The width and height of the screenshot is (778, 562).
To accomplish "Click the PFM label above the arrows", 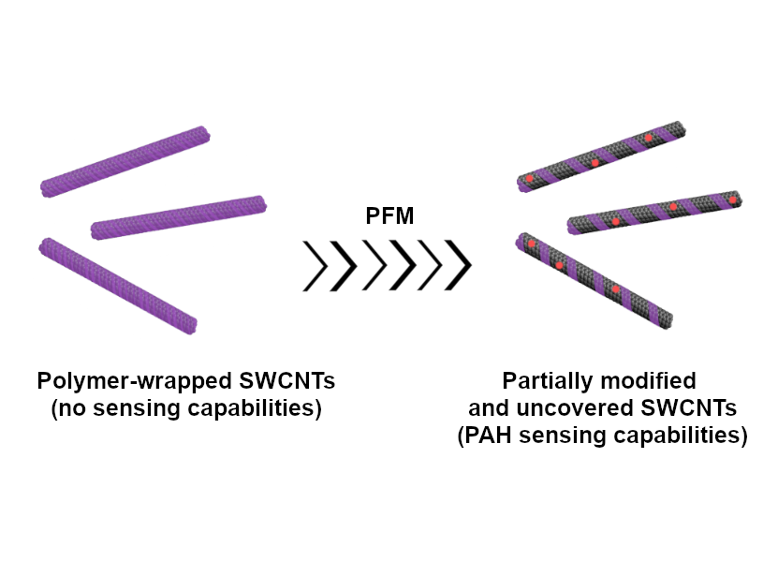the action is pyautogui.click(x=389, y=216).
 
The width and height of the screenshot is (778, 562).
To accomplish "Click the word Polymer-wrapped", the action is pyautogui.click(x=135, y=382).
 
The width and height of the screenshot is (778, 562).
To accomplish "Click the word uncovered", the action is pyautogui.click(x=575, y=408).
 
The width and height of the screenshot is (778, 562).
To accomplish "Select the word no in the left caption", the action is pyautogui.click(x=72, y=408).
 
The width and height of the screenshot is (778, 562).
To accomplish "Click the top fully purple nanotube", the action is pyautogui.click(x=125, y=162).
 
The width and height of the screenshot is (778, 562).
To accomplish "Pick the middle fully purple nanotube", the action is pyautogui.click(x=179, y=217).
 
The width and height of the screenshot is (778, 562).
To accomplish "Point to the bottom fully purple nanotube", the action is pyautogui.click(x=118, y=286).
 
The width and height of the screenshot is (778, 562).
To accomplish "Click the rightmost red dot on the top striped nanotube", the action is pyautogui.click(x=648, y=138).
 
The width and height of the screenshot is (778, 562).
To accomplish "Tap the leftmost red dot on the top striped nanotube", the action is pyautogui.click(x=529, y=178).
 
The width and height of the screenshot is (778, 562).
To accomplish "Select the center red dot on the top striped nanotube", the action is pyautogui.click(x=595, y=163).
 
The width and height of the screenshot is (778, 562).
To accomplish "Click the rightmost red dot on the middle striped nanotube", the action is pyautogui.click(x=732, y=200).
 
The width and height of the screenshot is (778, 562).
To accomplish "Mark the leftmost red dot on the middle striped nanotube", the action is pyautogui.click(x=616, y=222).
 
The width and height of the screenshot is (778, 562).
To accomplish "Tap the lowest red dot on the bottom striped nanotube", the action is pyautogui.click(x=615, y=289).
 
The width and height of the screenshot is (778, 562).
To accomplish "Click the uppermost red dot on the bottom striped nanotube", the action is pyautogui.click(x=532, y=244).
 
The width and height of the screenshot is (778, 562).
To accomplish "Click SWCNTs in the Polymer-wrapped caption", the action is pyautogui.click(x=287, y=381).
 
